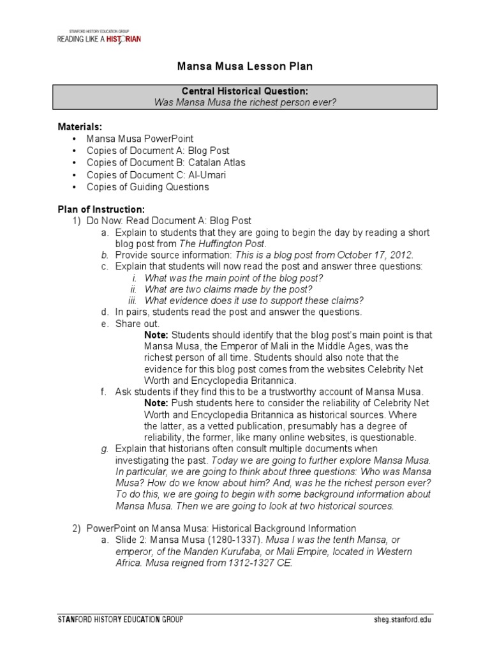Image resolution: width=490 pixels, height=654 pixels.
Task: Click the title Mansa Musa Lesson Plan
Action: [x=244, y=66]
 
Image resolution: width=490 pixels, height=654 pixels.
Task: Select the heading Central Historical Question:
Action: [x=244, y=91]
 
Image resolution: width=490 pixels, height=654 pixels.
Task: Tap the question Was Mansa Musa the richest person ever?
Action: [x=244, y=102]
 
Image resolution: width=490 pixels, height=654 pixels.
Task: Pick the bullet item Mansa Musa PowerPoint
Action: [x=140, y=139]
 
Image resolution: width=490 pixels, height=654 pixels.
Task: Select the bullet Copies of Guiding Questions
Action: [x=147, y=186]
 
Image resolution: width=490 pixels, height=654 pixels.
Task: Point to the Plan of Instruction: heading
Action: [x=101, y=209]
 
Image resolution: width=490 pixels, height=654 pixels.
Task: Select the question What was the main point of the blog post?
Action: [x=234, y=278]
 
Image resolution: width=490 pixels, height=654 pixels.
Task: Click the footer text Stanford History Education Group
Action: [x=121, y=620]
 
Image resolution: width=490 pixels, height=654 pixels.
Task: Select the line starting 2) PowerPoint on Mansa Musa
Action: [x=214, y=528]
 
